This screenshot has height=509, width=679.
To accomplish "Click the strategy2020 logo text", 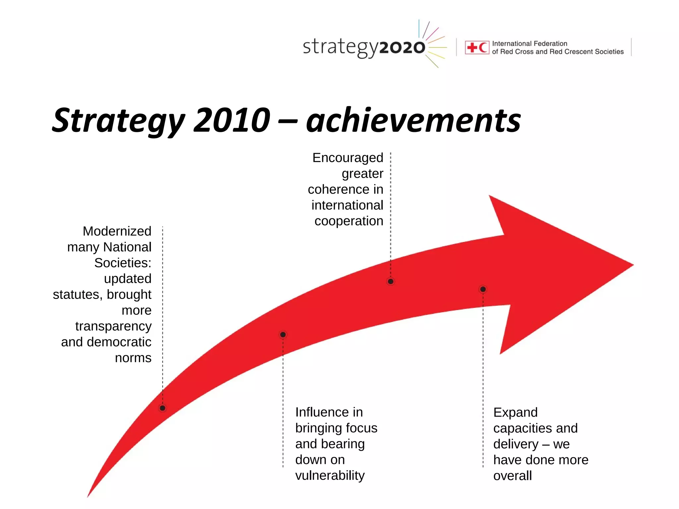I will coord(364,47).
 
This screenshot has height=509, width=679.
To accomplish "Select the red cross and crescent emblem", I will coord(477,47).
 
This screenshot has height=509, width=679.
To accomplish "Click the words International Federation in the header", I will coord(529,43).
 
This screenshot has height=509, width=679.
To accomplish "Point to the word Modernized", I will coord(117,231).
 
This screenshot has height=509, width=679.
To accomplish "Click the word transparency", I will coord(113,326).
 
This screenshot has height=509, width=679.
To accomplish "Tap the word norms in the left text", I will coord(133,358).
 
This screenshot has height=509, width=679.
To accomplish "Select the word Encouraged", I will coord(347,158).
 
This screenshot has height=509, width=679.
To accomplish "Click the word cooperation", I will coord(349,221).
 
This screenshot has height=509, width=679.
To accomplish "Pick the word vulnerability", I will coord(330,476).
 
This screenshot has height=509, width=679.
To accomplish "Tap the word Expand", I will coord(515,413).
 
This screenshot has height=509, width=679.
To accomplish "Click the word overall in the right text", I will coord(512,476).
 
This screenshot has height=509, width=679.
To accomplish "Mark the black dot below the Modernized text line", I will coord(162,408).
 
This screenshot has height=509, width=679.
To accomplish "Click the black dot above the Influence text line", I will coord(283,335).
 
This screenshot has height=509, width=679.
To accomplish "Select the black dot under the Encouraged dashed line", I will coord(391,281).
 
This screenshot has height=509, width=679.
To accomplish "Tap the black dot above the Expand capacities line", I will coord(483,289).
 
